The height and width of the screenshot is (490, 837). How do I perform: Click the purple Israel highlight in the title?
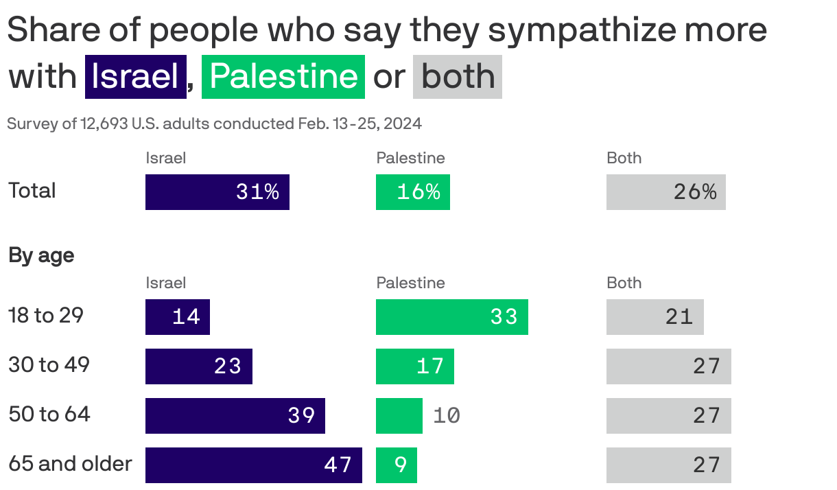pos(135,76)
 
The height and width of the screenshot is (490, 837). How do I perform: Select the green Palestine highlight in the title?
pos(283,76)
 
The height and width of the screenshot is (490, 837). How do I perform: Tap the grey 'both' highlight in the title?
pos(458,76)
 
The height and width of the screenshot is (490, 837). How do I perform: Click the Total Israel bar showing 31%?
pos(217,192)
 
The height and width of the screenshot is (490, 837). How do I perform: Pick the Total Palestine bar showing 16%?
pos(412,192)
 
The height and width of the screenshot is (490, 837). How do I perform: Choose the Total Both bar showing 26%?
pos(665,192)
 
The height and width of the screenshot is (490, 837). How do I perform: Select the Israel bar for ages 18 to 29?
pos(177,317)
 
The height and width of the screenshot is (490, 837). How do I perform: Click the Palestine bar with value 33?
pos(451,317)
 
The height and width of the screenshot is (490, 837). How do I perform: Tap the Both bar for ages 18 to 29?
pos(655,317)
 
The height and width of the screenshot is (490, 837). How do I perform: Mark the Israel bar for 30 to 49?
pos(198,366)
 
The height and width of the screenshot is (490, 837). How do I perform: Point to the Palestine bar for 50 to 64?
pos(399,416)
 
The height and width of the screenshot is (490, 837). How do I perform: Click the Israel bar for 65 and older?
pos(253,465)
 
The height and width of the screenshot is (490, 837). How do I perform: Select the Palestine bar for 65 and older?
pos(396,465)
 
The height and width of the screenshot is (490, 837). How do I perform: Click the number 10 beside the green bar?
pos(447,416)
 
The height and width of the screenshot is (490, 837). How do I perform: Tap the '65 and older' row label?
pos(70,464)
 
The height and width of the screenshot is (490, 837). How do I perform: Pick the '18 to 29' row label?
pos(46,316)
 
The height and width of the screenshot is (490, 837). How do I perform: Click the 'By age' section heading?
pos(41,256)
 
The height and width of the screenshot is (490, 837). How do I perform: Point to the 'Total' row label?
pos(32,191)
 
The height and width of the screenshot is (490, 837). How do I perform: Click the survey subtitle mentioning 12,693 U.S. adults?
pos(214,124)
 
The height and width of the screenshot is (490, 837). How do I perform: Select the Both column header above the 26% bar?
pos(624,159)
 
